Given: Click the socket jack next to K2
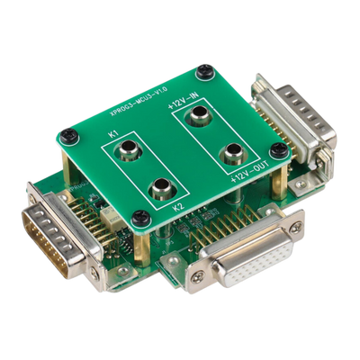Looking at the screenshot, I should tap(164, 187).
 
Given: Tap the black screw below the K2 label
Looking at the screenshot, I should tap(139, 217).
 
